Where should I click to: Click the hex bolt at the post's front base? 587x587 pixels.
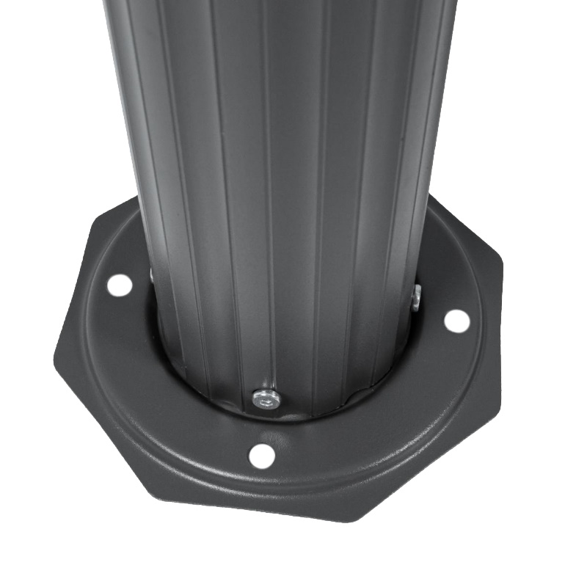tap(266, 398)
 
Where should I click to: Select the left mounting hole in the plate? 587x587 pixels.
tap(118, 284)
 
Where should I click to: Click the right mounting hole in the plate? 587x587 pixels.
tap(456, 320)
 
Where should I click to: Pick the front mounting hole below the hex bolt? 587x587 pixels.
tap(261, 456)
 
